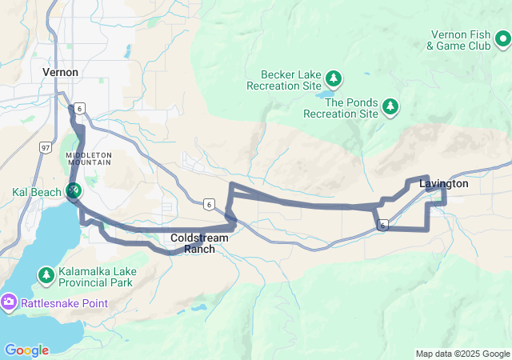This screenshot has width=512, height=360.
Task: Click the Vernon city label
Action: (60, 72)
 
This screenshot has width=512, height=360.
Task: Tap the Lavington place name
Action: (443, 183)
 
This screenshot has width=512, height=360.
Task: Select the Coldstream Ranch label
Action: (199, 243)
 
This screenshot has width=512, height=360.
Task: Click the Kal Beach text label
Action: (34, 192)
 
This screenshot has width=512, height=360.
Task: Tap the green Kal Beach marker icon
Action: (74, 190)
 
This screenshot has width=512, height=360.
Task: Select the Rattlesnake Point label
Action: (66, 302)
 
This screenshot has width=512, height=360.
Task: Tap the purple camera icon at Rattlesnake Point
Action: (9, 302)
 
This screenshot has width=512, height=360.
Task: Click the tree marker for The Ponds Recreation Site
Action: (390, 106)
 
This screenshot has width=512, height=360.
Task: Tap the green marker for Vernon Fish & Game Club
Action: (502, 38)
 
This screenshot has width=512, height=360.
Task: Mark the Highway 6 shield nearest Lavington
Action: (384, 226)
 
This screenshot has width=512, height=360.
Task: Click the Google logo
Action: (26, 350)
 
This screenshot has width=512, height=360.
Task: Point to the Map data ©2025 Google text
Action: (462, 354)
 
